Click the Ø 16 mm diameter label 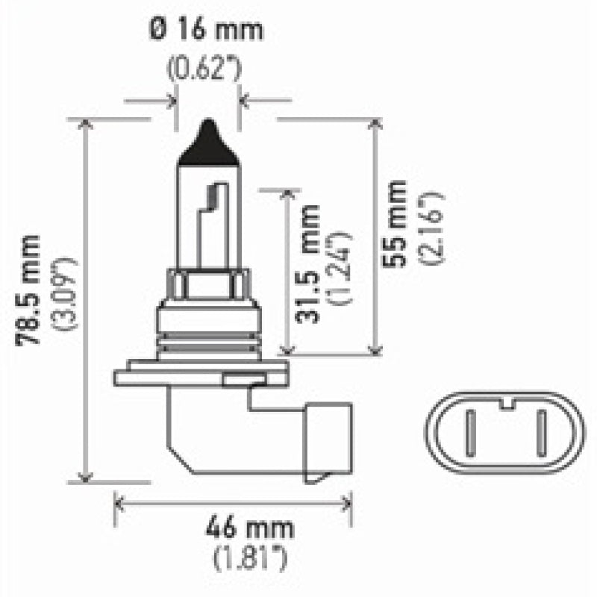click(x=207, y=32)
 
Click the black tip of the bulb click(x=207, y=142)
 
